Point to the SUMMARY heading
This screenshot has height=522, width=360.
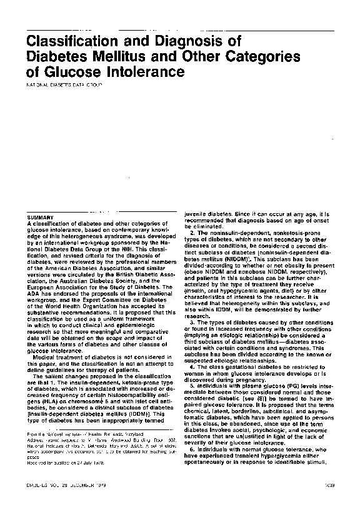[38, 217]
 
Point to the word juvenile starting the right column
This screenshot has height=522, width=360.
[196, 214]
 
